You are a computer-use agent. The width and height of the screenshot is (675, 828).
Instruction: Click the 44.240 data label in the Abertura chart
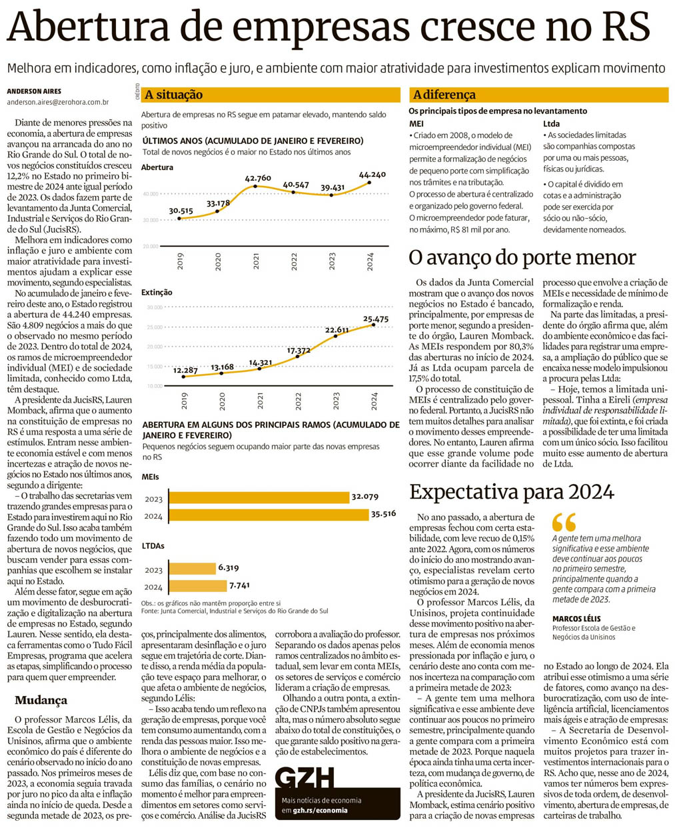coord(372,175)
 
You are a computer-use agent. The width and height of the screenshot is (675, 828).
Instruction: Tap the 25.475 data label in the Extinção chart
coord(376,319)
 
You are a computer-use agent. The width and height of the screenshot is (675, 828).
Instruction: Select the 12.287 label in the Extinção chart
coord(185,370)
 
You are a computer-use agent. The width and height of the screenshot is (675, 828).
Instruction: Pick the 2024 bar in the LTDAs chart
coord(197,586)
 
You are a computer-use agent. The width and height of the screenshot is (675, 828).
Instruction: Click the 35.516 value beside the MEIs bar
coord(383,513)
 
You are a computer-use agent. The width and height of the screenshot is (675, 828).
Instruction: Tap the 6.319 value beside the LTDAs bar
coord(229,568)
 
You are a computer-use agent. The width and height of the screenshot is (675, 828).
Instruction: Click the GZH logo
coord(305,777)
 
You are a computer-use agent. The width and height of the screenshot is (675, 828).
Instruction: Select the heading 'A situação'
coord(174,95)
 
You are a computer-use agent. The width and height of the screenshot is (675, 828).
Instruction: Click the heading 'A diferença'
coord(444,95)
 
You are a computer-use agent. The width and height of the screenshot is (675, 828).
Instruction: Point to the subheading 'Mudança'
coord(41,700)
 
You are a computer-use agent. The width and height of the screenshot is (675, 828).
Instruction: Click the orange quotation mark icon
coord(564,521)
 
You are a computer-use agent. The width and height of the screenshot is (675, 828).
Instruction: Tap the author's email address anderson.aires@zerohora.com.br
coord(57,103)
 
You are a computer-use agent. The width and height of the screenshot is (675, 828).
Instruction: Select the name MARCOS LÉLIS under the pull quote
coord(576,619)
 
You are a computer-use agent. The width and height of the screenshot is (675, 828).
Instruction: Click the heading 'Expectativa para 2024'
coord(511,492)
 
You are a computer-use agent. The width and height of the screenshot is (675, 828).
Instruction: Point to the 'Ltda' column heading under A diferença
coord(551,123)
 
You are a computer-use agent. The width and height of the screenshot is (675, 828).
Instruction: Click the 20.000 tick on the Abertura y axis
coord(151,246)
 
